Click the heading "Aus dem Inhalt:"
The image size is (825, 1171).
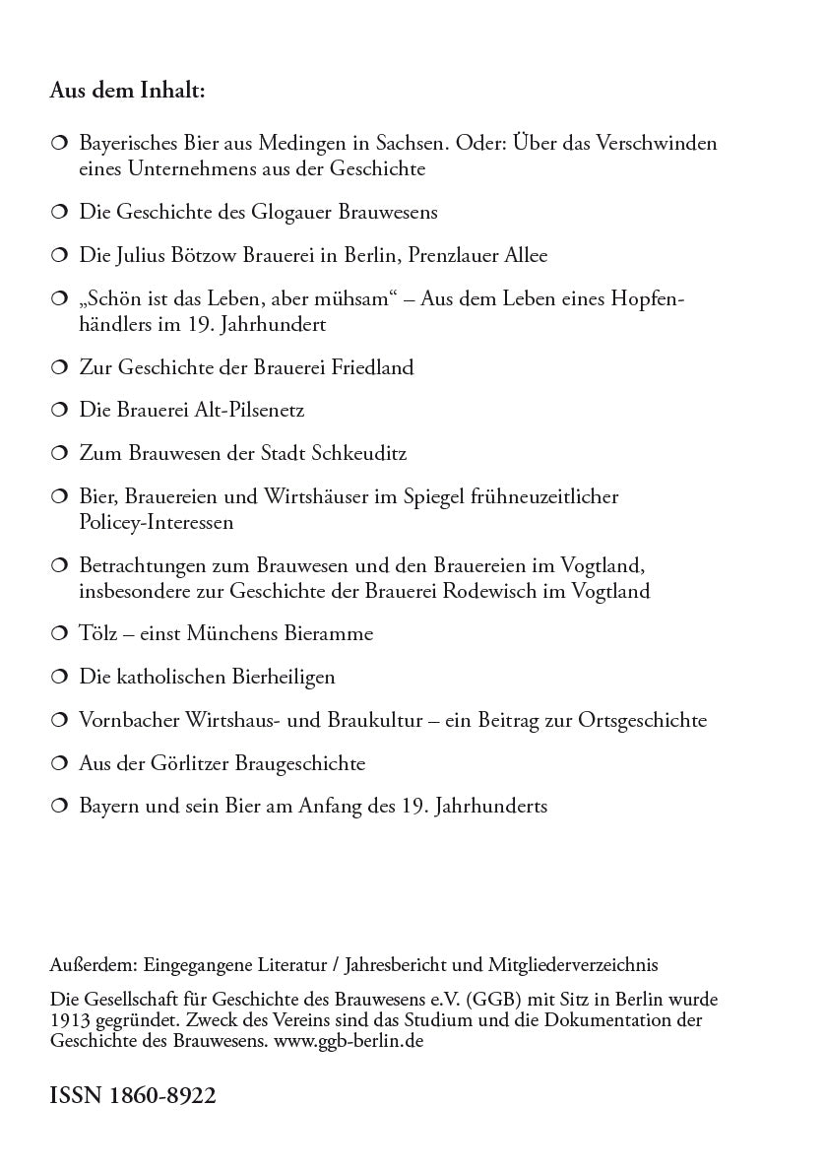click(x=127, y=92)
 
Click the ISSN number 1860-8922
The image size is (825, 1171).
click(x=132, y=1095)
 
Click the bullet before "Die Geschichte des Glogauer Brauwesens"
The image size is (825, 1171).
click(x=58, y=212)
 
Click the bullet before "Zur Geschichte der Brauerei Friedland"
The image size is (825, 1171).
click(x=58, y=367)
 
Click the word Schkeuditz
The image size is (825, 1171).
click(x=359, y=454)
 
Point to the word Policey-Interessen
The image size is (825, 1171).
click(x=157, y=523)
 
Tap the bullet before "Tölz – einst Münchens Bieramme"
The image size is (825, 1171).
click(x=58, y=633)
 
